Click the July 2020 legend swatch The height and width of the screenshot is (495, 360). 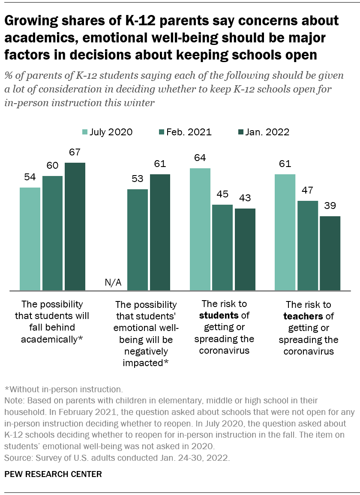tap(84, 132)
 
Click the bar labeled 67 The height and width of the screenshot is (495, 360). tap(75, 227)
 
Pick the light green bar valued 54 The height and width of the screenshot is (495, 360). tap(30, 239)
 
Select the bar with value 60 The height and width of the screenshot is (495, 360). tap(52, 233)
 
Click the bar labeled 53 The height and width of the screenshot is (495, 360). tap(138, 240)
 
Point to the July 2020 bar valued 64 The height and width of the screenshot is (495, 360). tap(200, 230)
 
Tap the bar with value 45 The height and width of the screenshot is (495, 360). tap(222, 248)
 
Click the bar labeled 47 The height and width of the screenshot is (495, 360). tap(308, 246)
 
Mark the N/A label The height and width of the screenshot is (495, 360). tap(113, 283)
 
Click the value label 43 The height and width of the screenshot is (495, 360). tap(245, 198)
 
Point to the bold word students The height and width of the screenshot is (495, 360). tap(219, 316)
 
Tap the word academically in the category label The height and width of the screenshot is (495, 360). tap(51, 339)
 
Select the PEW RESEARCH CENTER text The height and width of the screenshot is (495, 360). tap(54, 474)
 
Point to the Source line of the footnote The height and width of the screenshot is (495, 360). tap(117, 457)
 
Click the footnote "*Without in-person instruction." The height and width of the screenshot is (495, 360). tap(63, 390)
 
